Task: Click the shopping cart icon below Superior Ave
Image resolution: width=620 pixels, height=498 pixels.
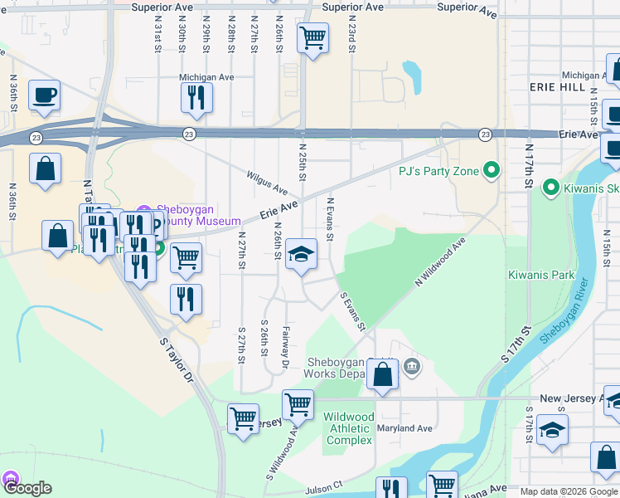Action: (x=312, y=38)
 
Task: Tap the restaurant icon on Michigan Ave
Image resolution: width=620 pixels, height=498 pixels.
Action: (x=196, y=98)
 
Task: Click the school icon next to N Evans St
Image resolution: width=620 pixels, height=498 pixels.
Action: (x=302, y=255)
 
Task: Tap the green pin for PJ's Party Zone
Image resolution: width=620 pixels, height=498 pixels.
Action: (x=492, y=171)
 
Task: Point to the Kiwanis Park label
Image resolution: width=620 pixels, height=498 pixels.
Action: (x=541, y=274)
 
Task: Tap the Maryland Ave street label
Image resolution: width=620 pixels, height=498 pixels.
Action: (x=406, y=428)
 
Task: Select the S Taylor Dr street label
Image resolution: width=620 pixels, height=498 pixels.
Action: (x=175, y=359)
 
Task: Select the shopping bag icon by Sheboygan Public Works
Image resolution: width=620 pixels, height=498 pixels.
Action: (x=383, y=376)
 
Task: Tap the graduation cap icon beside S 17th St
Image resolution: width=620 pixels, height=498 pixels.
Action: (x=552, y=432)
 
